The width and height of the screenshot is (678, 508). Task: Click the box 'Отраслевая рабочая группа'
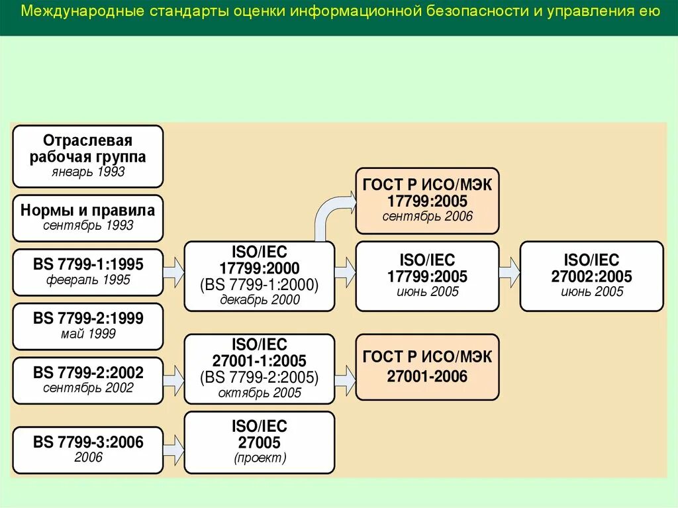point(88,156)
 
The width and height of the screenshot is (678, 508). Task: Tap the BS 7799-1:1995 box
point(88,272)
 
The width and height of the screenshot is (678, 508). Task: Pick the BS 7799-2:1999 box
point(88,326)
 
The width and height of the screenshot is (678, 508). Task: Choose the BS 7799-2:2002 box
point(88,380)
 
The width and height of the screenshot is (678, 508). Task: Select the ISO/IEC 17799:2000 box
point(259,276)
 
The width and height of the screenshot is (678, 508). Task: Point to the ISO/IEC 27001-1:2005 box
point(259,369)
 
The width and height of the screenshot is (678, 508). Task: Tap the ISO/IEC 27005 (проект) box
point(259,442)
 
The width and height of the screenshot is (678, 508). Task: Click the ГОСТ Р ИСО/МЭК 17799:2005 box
point(427,201)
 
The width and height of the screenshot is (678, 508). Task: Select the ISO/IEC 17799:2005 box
point(427,276)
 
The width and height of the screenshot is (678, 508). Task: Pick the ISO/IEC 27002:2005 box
point(591,276)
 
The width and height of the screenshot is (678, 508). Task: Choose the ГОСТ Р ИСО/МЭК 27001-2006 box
point(427,368)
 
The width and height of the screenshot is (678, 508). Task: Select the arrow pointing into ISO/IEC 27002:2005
point(509,273)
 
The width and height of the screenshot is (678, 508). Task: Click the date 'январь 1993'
point(88,173)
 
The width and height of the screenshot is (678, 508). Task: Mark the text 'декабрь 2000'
point(259,300)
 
